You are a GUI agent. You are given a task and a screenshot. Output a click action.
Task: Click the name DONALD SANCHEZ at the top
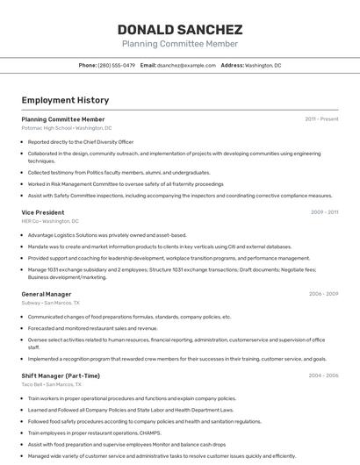pyautogui.click(x=179, y=29)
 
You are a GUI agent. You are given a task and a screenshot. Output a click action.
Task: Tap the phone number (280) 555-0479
pyautogui.click(x=117, y=65)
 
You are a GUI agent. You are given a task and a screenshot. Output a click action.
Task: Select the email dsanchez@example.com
pyautogui.click(x=186, y=65)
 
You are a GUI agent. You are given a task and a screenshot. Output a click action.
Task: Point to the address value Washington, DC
pyautogui.click(x=263, y=65)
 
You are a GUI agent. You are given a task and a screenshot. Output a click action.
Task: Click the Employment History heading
pyautogui.click(x=65, y=100)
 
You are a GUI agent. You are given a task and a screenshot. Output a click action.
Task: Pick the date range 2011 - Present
pyautogui.click(x=321, y=118)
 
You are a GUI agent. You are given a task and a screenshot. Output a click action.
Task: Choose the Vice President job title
pyautogui.click(x=42, y=212)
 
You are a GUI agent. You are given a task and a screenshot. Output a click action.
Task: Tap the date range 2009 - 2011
pyautogui.click(x=324, y=212)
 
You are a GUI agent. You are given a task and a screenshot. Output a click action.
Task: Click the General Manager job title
pyautogui.click(x=46, y=294)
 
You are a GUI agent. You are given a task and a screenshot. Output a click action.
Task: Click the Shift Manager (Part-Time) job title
pyautogui.click(x=61, y=376)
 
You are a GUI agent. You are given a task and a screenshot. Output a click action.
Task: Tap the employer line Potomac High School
pyautogui.click(x=66, y=127)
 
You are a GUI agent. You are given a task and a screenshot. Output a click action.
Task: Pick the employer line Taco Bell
pyautogui.click(x=51, y=384)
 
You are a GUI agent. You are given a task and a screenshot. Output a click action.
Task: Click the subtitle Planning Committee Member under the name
pyautogui.click(x=179, y=44)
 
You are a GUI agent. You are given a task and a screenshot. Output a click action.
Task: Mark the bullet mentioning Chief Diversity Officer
pyautogui.click(x=80, y=141)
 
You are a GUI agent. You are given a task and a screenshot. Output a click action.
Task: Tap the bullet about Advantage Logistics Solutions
pyautogui.click(x=106, y=235)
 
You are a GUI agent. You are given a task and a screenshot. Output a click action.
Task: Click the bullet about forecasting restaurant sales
pyautogui.click(x=92, y=328)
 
